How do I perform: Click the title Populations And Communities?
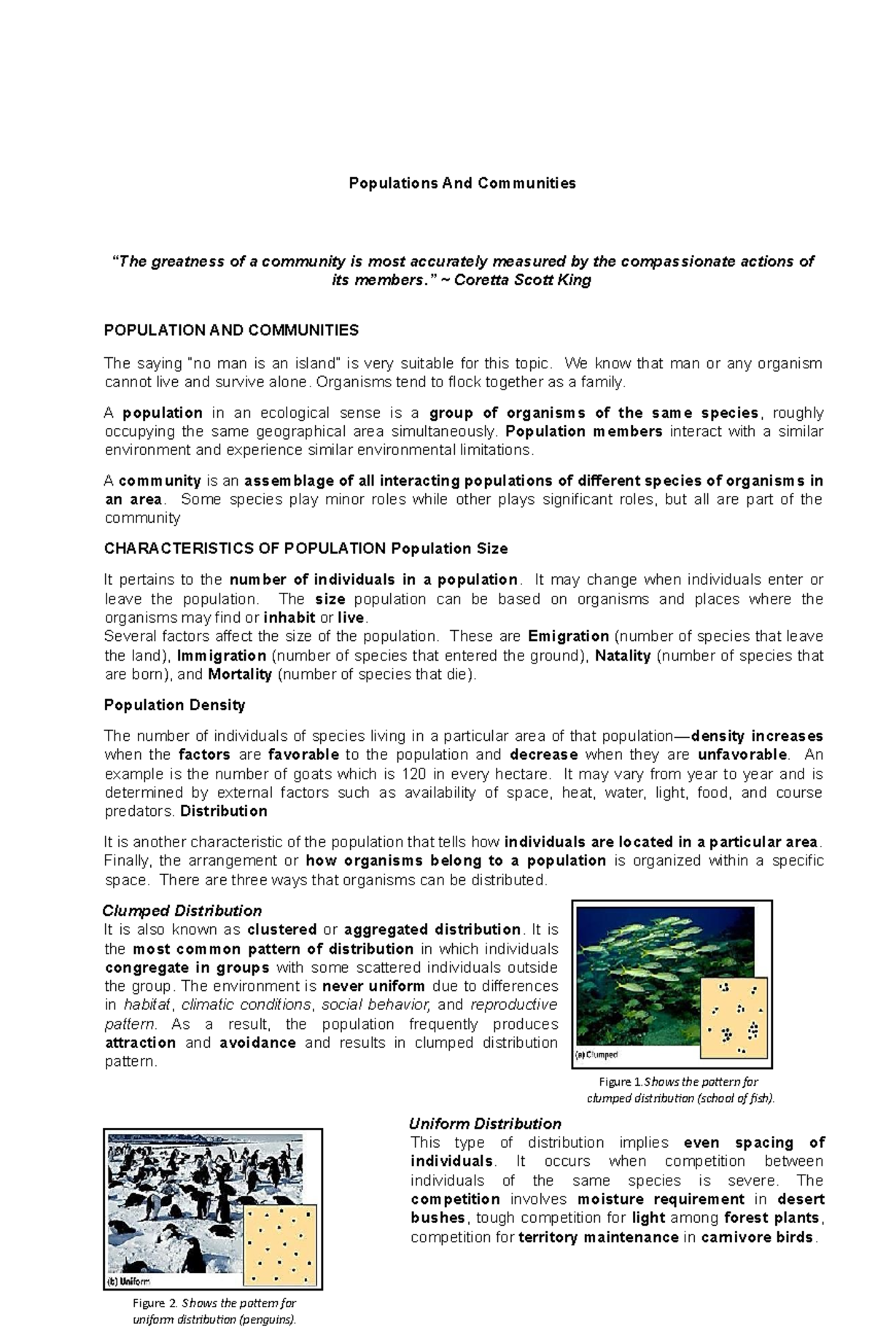click(x=462, y=183)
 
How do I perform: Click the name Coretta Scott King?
click(x=522, y=281)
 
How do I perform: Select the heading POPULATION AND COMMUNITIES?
click(x=231, y=330)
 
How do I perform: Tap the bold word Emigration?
click(x=568, y=636)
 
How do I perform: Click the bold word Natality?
click(x=623, y=656)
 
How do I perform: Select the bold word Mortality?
click(x=240, y=674)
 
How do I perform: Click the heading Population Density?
click(x=174, y=705)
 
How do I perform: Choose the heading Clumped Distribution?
click(x=182, y=911)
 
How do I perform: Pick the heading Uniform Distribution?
click(x=485, y=1124)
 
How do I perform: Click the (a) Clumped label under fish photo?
click(x=596, y=1054)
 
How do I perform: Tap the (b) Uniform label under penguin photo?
click(x=130, y=1280)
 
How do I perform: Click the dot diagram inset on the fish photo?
click(x=733, y=1018)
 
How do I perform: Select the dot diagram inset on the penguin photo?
click(x=281, y=1242)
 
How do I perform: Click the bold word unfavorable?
click(x=742, y=754)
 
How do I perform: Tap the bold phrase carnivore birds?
click(x=756, y=1237)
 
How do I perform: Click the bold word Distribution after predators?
click(x=223, y=812)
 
